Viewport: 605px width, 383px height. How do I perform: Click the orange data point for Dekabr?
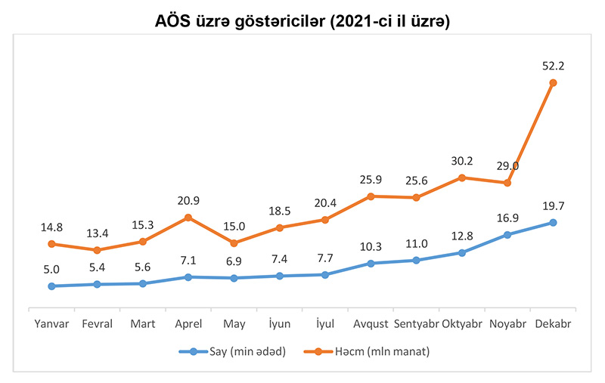553,83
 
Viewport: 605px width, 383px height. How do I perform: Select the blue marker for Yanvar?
51,286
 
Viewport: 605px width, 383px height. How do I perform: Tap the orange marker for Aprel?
188,218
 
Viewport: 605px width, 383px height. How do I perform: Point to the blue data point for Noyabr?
507,235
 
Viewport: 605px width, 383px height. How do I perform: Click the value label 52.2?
553,66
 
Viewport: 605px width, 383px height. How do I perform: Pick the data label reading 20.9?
188,201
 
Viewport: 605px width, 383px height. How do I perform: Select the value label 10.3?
371,247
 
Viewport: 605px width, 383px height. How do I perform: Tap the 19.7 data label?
553,205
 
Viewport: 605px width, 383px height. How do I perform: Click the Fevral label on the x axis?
97,324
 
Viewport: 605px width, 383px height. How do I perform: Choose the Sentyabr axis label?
416,324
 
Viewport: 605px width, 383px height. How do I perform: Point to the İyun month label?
280,324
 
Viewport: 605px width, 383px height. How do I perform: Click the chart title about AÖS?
302,22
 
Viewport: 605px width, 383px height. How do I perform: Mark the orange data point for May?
234,243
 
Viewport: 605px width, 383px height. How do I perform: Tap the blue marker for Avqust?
371,264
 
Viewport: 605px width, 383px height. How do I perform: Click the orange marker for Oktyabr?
462,178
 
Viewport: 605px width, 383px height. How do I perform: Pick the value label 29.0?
507,166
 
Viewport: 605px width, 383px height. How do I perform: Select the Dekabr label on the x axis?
553,324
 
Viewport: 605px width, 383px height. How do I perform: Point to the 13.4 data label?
97,233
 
